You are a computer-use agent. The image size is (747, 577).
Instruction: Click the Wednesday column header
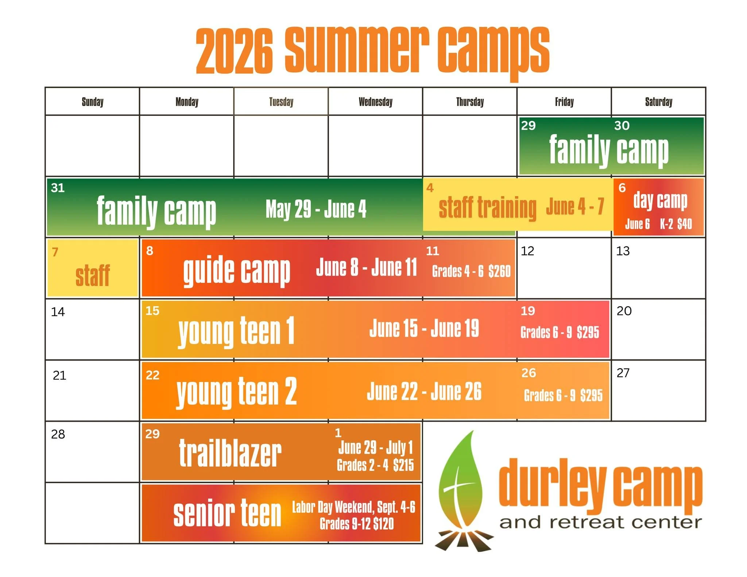[375, 102]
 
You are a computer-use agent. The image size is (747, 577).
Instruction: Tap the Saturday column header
[658, 102]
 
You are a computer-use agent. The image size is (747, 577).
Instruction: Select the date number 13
[623, 251]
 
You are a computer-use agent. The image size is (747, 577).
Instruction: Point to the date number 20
[624, 311]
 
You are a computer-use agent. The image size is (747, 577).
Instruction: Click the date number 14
[58, 312]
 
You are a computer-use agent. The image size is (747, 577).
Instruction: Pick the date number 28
[58, 434]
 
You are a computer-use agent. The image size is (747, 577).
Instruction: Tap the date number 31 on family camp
[58, 188]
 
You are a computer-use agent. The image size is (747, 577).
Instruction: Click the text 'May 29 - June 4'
[316, 209]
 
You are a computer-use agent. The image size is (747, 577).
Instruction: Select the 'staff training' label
[487, 208]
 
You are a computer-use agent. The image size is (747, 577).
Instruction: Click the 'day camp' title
[660, 201]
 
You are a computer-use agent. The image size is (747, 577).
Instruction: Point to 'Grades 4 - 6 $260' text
[471, 272]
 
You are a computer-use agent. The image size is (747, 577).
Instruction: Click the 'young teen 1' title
[236, 331]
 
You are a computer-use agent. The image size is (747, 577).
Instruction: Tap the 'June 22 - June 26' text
[424, 392]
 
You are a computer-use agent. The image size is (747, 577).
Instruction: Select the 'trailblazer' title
[230, 453]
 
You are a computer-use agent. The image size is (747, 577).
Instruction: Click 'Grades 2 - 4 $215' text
[375, 465]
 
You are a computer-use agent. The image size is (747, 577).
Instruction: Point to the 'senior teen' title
[227, 514]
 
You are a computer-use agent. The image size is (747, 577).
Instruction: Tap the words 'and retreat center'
[600, 523]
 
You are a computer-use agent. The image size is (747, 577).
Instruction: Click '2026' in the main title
[234, 51]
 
